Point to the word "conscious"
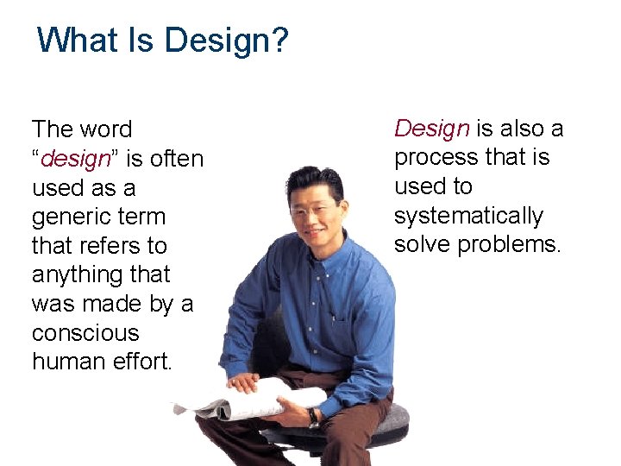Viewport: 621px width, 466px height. click(85, 333)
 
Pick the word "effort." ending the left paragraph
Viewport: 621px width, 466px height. click(147, 362)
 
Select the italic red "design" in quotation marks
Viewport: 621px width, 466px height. click(75, 159)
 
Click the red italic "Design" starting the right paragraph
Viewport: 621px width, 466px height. click(431, 129)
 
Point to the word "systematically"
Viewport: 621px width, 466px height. click(468, 216)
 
